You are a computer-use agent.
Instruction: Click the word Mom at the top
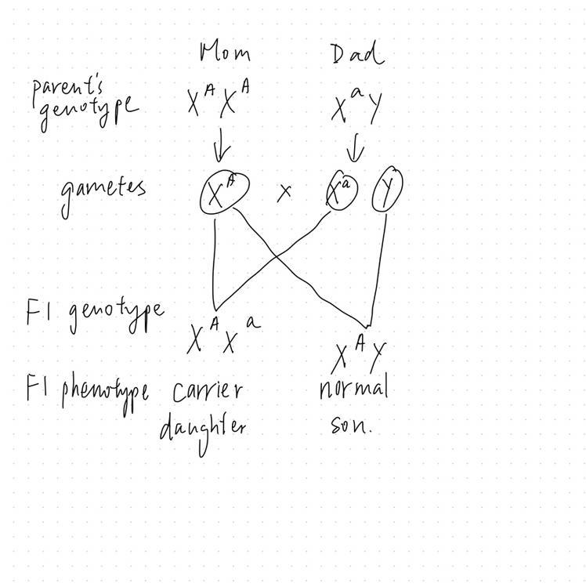[x=226, y=53]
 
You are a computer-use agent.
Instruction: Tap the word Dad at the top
[x=356, y=54]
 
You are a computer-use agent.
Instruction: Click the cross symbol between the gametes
[x=284, y=191]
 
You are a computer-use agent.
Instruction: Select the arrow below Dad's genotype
[x=356, y=145]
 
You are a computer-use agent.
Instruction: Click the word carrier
[x=208, y=390]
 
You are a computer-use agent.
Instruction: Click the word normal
[x=354, y=388]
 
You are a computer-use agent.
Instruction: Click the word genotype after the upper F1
[x=116, y=313]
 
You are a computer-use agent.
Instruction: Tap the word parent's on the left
[x=71, y=92]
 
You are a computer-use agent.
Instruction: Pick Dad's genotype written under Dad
[x=356, y=107]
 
